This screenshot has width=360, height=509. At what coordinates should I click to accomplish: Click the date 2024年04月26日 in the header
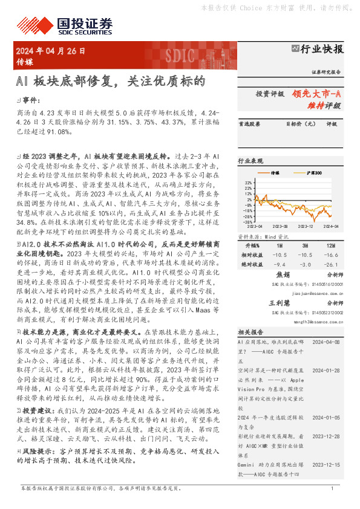coord(50,51)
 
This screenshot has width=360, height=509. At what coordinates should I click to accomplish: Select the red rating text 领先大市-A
coord(316,94)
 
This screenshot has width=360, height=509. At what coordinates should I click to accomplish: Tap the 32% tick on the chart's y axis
coord(248,181)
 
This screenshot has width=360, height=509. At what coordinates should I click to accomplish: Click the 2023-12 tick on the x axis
coord(304,226)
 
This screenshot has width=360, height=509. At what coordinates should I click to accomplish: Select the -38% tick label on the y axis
coord(247,221)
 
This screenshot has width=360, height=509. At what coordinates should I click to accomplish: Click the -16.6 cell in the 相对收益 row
coord(330,255)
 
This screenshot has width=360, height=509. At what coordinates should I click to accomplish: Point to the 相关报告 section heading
coord(250,332)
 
